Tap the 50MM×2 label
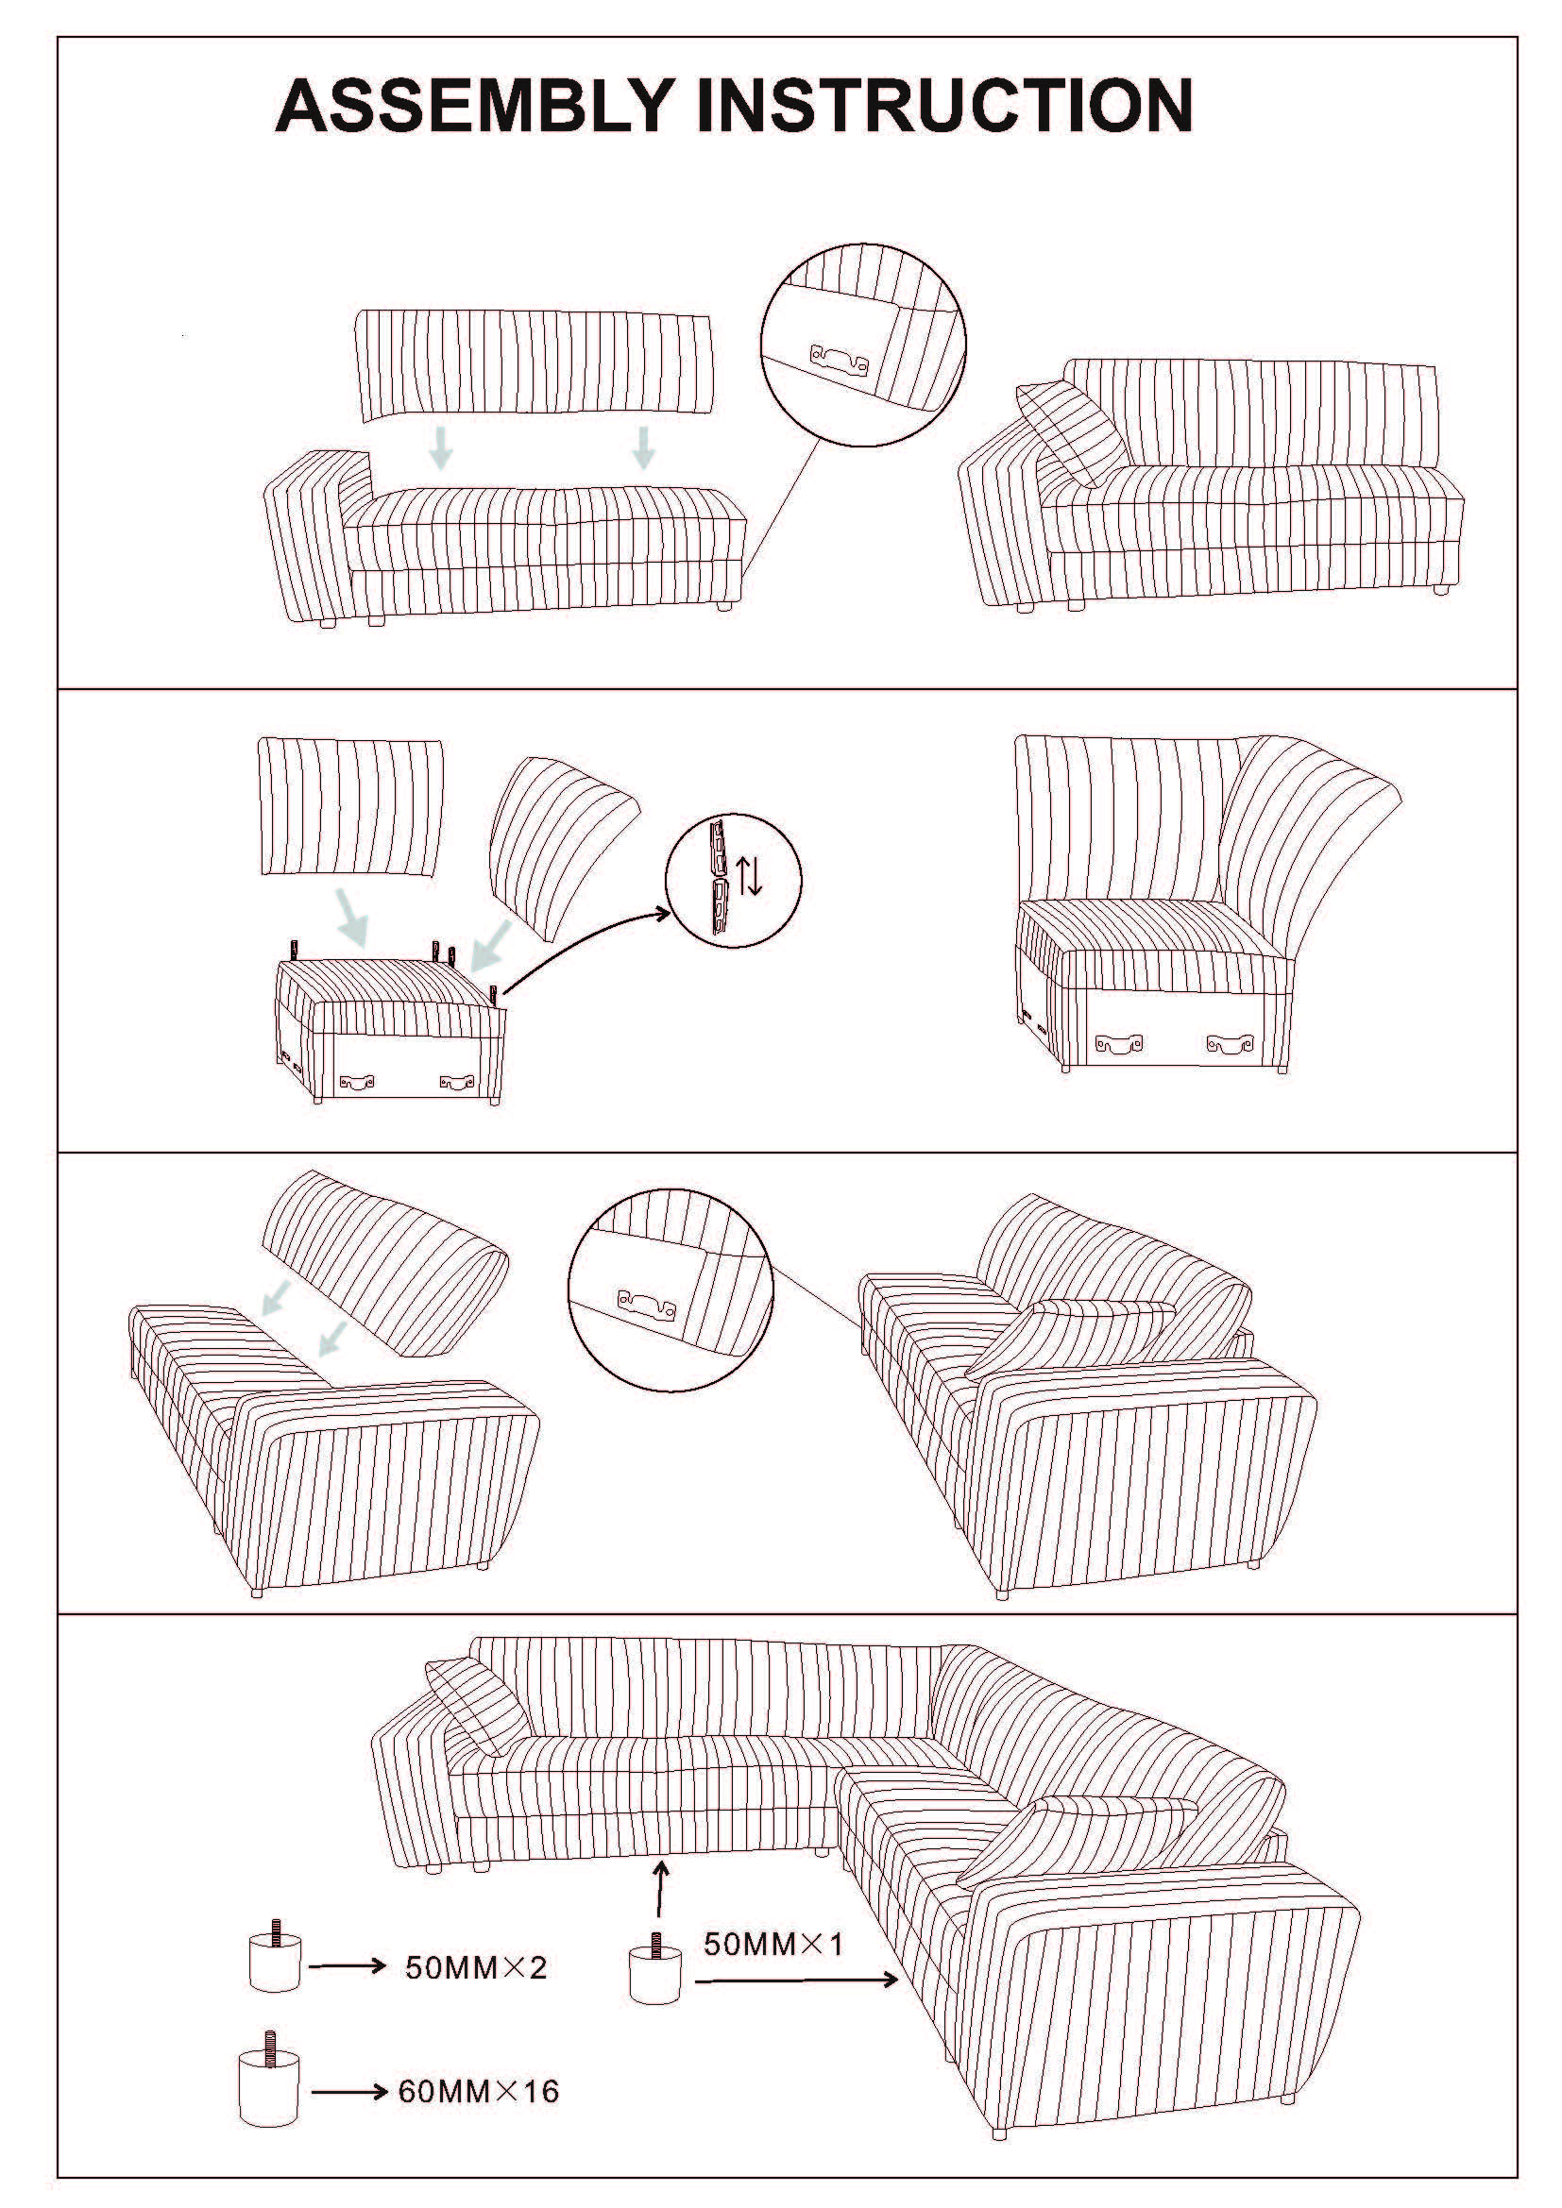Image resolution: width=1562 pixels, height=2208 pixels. [x=476, y=1967]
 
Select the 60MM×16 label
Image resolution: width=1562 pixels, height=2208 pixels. [x=479, y=2092]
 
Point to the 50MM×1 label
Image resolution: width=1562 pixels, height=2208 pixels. [x=773, y=1944]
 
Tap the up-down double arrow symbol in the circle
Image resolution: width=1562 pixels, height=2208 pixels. [x=749, y=874]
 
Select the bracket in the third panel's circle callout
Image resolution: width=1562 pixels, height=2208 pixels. [x=646, y=1303]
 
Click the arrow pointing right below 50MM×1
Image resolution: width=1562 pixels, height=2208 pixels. [x=796, y=1980]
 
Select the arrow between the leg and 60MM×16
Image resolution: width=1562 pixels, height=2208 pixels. [x=349, y=2092]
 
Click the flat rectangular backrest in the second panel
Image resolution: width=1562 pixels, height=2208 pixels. [x=351, y=806]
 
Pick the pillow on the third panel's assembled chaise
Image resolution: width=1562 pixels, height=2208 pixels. [x=1070, y=1340]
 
